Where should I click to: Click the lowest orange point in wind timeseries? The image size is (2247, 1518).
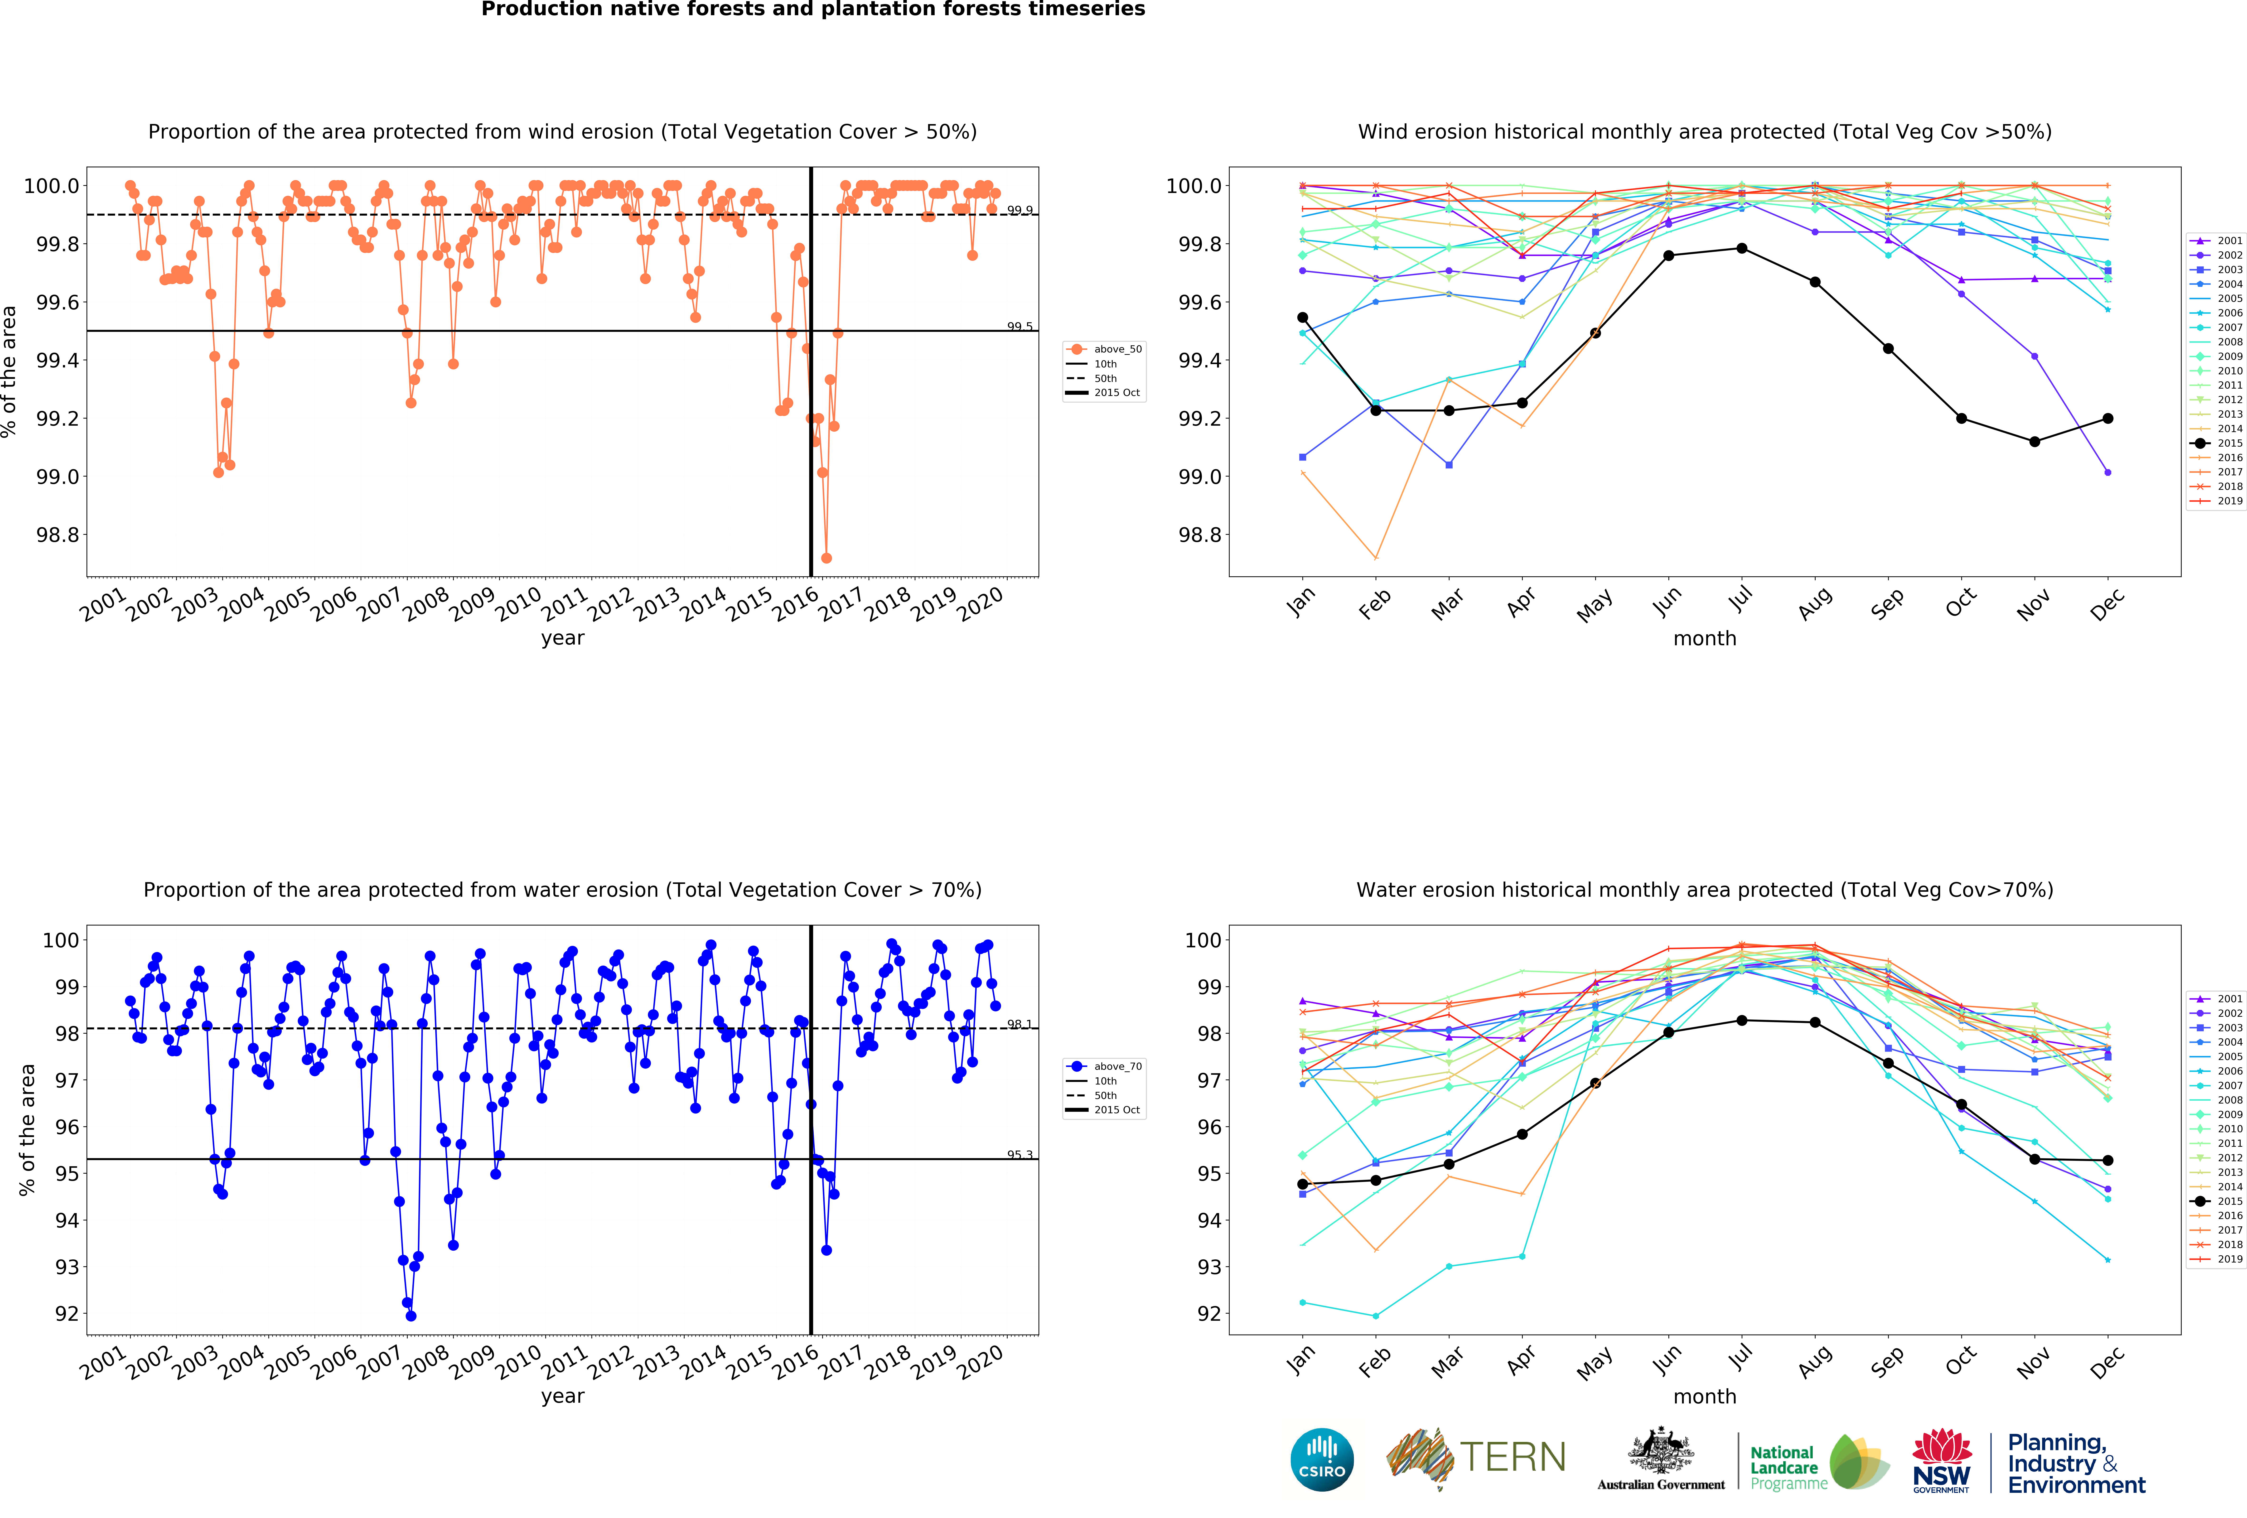(826, 558)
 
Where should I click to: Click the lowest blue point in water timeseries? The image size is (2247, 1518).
(411, 1316)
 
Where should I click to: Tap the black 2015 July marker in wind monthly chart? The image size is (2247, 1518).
(1741, 249)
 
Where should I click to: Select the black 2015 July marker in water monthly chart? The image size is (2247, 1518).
(1741, 1020)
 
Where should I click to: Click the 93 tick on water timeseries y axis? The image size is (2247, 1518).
(67, 1267)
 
